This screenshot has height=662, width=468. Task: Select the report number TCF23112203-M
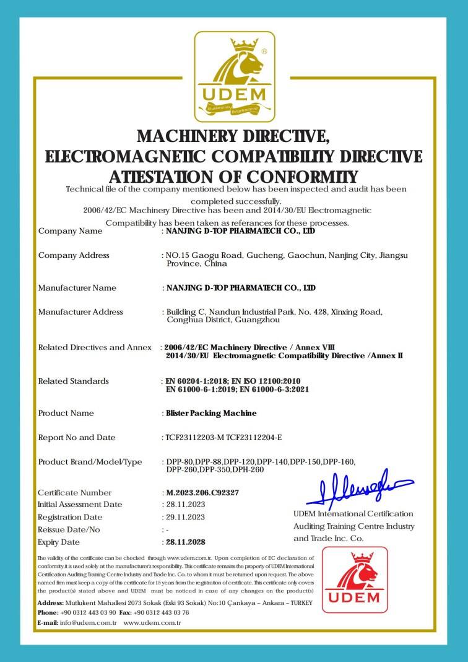pos(193,438)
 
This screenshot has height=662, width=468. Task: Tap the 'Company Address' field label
pos(74,255)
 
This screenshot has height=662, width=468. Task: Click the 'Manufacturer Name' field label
pos(77,288)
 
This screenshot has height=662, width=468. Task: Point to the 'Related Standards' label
pos(73,381)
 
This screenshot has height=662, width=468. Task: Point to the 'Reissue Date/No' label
pos(69,530)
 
